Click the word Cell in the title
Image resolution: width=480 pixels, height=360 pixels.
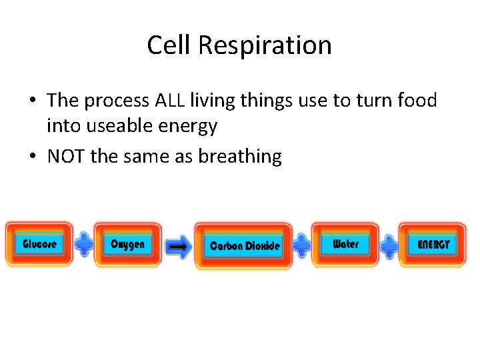170,45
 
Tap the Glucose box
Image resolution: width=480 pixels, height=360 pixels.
39,244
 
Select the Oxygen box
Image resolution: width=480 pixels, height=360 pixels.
127,244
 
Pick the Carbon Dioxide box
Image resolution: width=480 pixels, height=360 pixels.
245,245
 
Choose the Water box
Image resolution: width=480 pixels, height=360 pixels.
345,244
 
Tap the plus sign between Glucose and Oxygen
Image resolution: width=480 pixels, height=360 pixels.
84,245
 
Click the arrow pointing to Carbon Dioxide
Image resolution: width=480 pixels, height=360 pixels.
178,246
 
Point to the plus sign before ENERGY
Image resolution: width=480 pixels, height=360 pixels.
389,245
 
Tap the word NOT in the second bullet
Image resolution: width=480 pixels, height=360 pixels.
66,157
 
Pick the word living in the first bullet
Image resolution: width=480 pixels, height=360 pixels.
212,101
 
